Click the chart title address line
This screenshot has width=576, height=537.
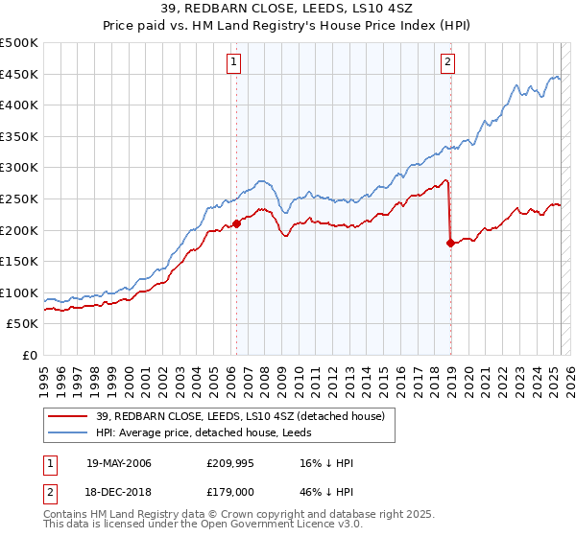click(x=288, y=10)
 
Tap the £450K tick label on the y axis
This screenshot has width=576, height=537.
click(x=20, y=74)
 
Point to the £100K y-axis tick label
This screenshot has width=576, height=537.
click(x=20, y=292)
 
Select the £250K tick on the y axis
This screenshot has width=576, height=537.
click(x=20, y=198)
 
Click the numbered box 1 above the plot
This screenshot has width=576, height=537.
click(x=235, y=63)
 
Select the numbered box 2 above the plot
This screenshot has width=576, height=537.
click(x=448, y=63)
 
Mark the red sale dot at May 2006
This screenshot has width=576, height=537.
click(x=236, y=224)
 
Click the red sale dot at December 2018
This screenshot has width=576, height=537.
click(x=449, y=244)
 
